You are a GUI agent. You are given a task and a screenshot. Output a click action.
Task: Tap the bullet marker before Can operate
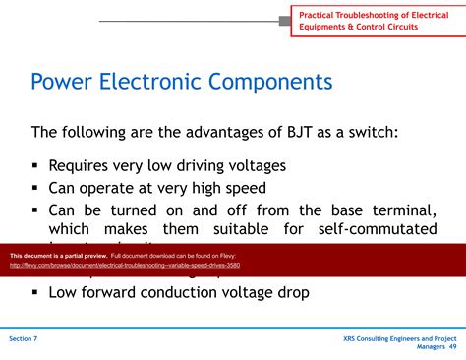point(35,188)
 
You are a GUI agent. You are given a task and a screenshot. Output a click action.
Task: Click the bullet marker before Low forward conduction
point(35,292)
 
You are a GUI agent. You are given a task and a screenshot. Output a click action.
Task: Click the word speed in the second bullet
point(244,188)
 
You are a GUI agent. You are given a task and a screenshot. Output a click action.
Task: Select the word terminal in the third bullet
point(399,210)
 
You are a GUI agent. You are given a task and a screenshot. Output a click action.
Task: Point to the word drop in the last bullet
point(291,292)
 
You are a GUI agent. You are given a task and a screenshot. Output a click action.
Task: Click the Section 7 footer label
point(24,338)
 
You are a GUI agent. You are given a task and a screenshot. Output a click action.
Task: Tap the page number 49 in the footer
point(452,347)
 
